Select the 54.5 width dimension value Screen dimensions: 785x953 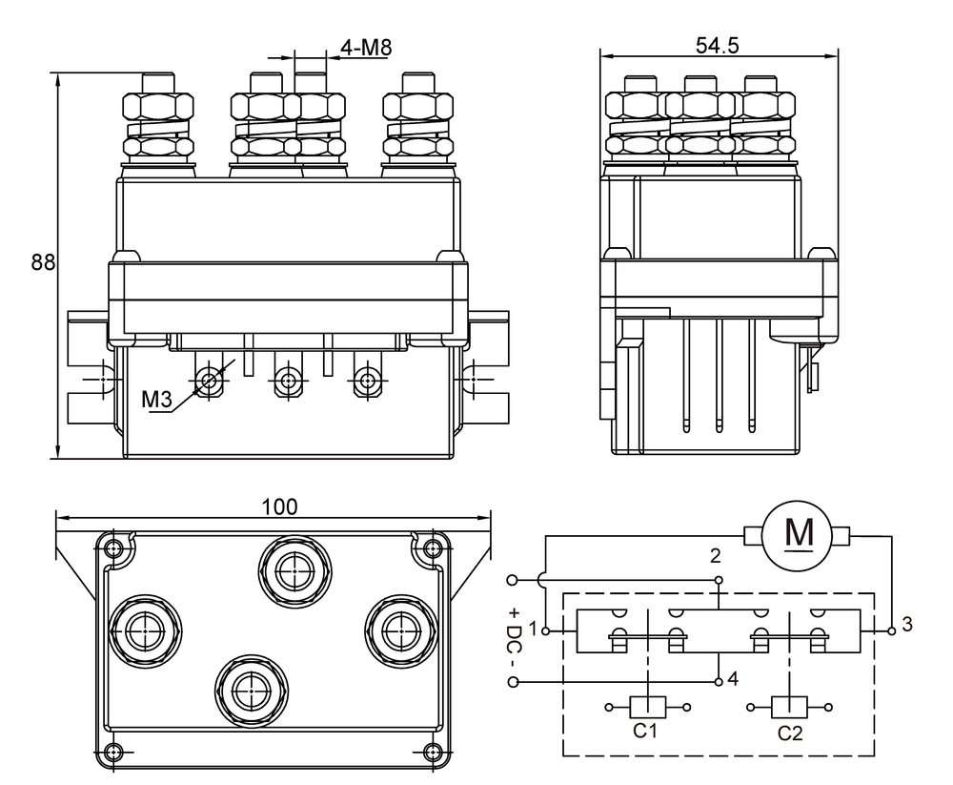click(718, 46)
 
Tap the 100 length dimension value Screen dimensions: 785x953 click(278, 506)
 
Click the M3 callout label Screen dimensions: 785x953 click(156, 400)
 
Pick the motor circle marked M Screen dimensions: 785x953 click(797, 535)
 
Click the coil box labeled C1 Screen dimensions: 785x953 click(647, 708)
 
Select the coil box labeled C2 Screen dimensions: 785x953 click(789, 708)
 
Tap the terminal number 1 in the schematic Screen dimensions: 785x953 click(534, 630)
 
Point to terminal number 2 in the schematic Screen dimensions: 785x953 click(716, 555)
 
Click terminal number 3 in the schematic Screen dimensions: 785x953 click(906, 625)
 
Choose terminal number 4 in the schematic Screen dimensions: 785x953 click(732, 679)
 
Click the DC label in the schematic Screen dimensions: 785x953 click(515, 633)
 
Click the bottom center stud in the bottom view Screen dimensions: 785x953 click(249, 687)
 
